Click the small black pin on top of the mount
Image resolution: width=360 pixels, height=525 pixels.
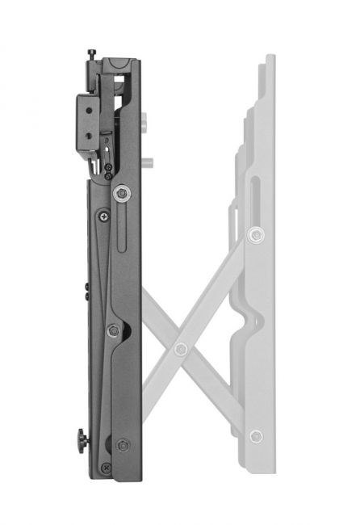91,54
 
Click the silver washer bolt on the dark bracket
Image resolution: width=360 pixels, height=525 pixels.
121,192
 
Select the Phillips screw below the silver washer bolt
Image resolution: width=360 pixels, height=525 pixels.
104,216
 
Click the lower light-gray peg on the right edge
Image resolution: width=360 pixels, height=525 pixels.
149,162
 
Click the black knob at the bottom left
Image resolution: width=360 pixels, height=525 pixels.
82,441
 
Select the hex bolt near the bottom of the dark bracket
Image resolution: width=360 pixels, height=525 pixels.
123,445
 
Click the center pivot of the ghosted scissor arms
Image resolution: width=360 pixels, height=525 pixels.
181,349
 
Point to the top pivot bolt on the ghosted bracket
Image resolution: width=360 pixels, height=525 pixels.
256,235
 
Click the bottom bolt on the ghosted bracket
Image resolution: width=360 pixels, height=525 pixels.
256,436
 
